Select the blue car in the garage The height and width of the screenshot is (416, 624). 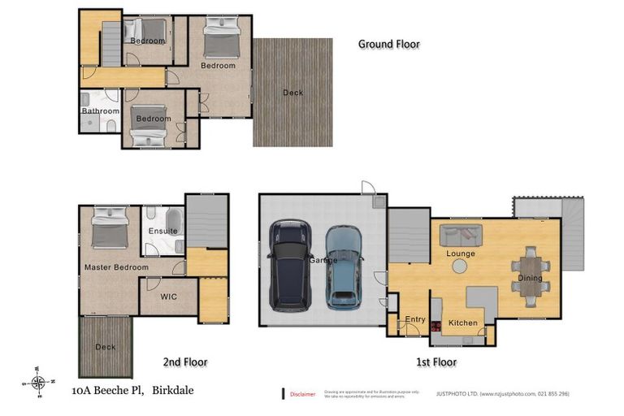coord(344,266)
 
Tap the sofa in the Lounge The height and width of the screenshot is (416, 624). coord(461,236)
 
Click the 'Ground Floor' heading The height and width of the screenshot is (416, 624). coord(389,44)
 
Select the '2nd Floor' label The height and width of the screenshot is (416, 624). coord(184,362)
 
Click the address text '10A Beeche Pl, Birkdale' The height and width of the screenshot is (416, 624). coord(132,390)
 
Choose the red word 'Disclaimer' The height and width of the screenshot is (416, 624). coord(302,394)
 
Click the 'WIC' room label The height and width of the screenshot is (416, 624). coord(169,297)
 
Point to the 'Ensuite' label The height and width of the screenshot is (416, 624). coord(162,231)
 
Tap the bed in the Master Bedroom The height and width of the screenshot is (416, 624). coord(109,227)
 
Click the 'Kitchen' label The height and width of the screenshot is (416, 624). coord(463,323)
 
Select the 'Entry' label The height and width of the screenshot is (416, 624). coord(415,319)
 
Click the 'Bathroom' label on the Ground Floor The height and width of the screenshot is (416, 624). coord(100,111)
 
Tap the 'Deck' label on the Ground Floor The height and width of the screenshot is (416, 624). coord(292,93)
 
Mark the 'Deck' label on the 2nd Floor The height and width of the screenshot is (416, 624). coord(104,346)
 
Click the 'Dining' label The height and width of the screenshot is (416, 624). coord(530,279)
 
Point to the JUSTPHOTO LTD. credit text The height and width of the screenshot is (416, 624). coord(502,394)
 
